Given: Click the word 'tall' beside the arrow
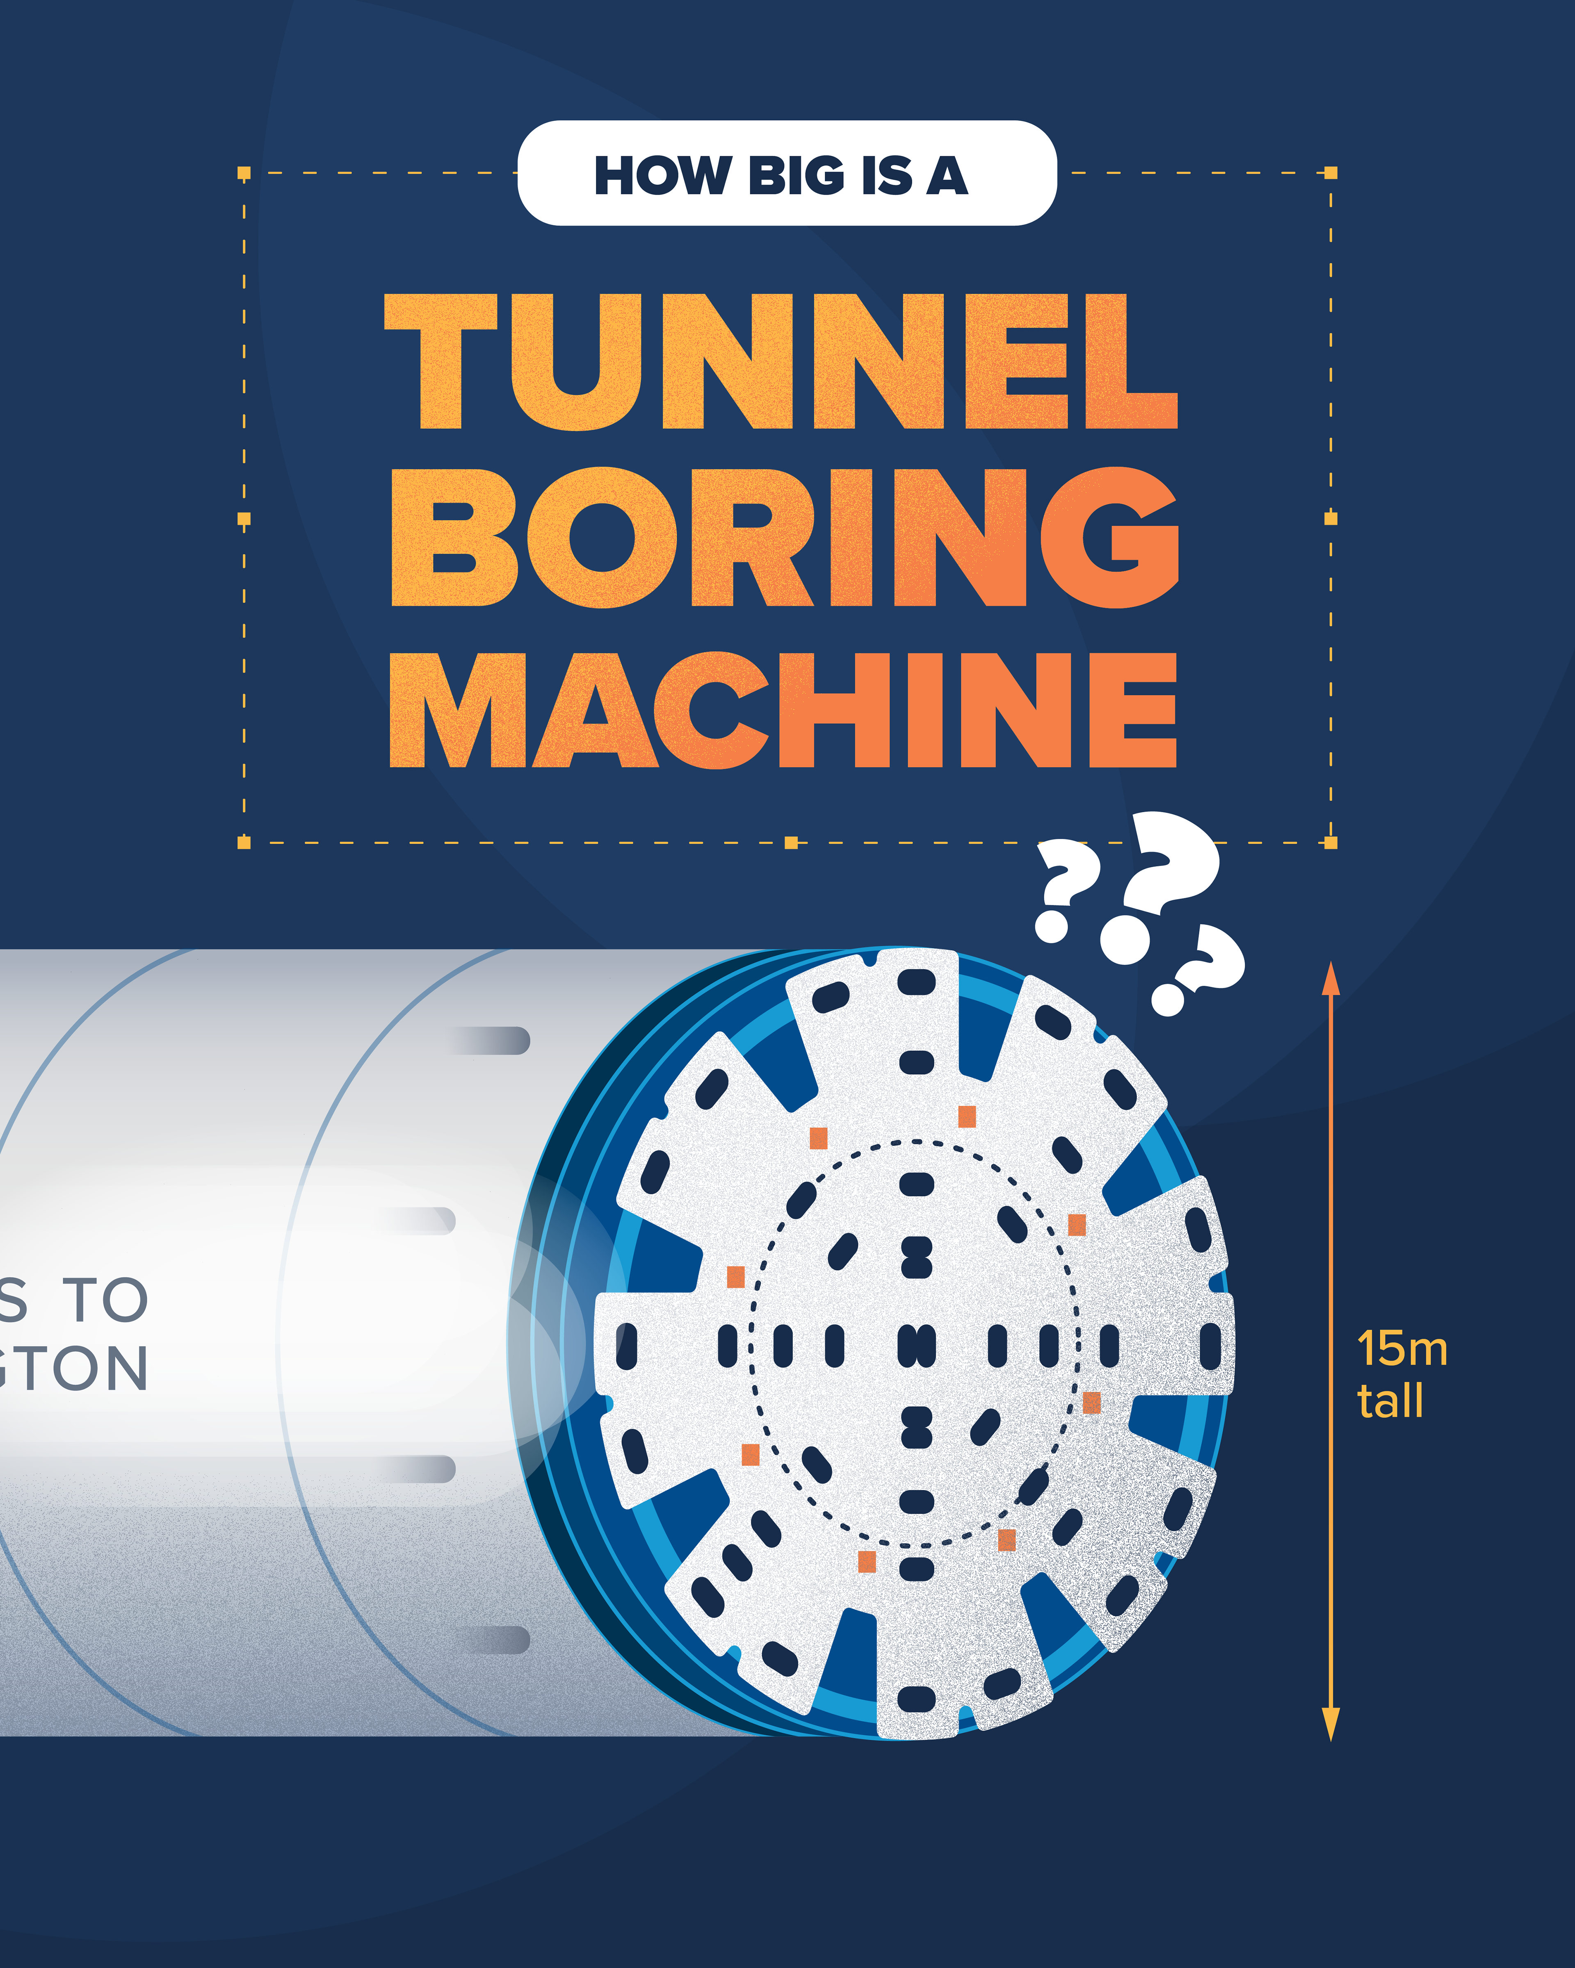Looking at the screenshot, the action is pos(1390,1401).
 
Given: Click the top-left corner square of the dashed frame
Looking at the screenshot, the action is pos(244,173).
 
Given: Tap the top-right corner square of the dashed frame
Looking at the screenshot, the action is pos(1330,173).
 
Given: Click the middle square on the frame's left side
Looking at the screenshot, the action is pos(244,519).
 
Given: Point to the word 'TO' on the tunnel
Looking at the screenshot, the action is pos(105,1300).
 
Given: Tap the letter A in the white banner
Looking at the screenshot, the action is pos(948,175).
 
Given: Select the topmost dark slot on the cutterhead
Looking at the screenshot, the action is pos(916,982).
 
